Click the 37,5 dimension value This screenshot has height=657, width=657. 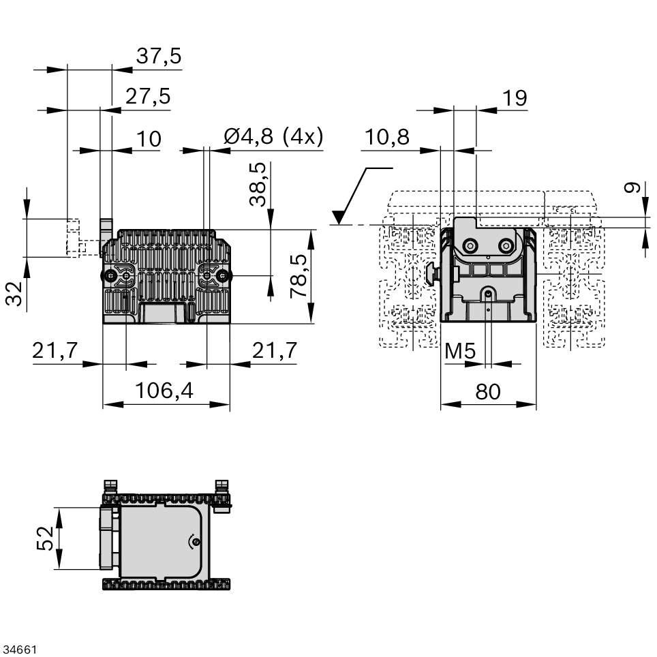[x=159, y=57]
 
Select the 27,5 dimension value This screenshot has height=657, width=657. [x=147, y=97]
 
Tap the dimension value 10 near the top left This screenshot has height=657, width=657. [x=149, y=139]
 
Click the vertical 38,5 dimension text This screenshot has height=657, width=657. [x=258, y=184]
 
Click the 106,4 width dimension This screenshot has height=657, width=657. [x=164, y=391]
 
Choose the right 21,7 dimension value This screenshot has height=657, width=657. [x=275, y=351]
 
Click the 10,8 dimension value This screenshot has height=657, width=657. [x=386, y=138]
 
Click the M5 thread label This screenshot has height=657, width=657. [x=460, y=352]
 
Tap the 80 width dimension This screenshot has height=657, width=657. [x=488, y=391]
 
